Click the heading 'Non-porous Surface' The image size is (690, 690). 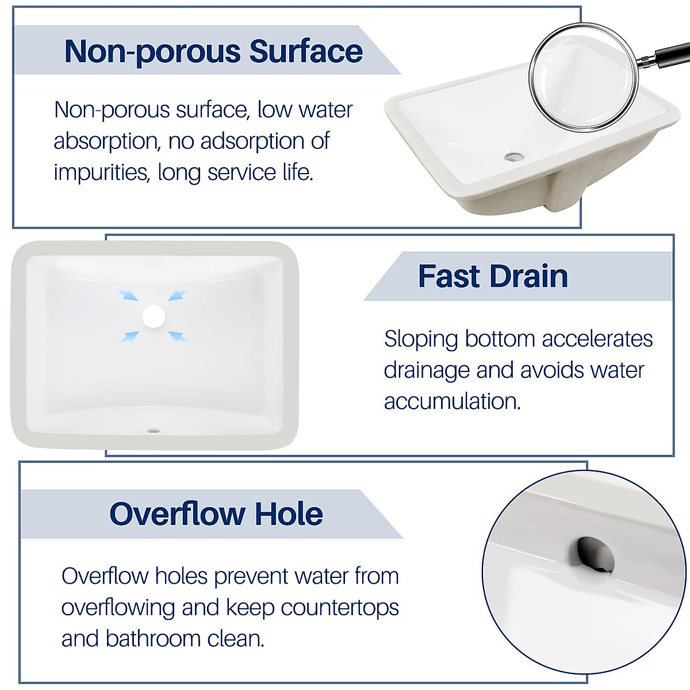[x=213, y=51]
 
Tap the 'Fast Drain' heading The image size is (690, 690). [x=493, y=277]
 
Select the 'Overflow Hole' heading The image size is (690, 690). [x=216, y=513]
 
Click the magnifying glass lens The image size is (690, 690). [x=583, y=76]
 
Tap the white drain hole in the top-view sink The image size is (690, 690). [x=154, y=316]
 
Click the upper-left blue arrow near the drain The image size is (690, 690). [x=128, y=295]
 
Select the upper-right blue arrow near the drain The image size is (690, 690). [x=179, y=295]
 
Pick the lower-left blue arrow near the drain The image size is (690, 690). [x=129, y=336]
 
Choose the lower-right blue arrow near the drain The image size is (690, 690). [x=179, y=336]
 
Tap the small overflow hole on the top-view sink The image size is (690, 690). [x=154, y=430]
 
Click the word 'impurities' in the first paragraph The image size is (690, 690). [x=101, y=172]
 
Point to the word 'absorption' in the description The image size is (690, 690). [x=106, y=141]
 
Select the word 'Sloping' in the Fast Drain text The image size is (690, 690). [x=421, y=339]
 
